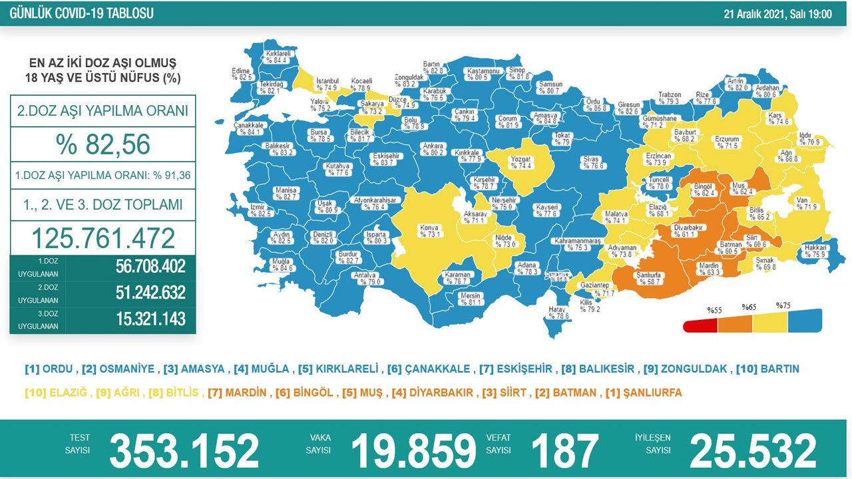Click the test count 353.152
184,450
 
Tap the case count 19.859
413,450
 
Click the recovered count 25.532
753,450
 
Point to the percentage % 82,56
103,144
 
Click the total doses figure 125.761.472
103,238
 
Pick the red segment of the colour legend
700,325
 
